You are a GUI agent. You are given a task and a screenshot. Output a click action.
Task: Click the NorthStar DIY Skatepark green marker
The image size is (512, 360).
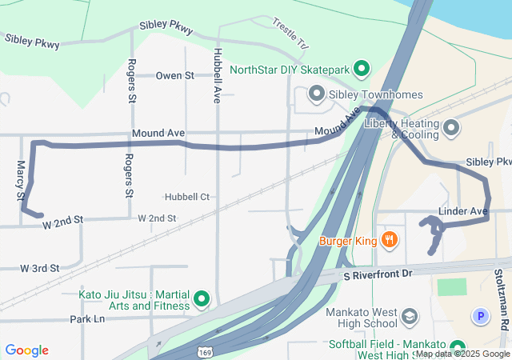click(361, 69)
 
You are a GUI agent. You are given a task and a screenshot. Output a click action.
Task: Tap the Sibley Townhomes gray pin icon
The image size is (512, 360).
click(315, 94)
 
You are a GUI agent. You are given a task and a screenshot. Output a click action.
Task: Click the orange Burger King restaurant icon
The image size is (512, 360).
click(389, 239)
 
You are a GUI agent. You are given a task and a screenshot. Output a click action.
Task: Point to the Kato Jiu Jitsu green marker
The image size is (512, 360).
click(202, 300)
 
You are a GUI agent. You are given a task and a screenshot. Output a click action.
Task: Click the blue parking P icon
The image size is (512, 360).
click(480, 317)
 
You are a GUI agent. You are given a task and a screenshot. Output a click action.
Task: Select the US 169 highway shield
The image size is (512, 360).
click(205, 351)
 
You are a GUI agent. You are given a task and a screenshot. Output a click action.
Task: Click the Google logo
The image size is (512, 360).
click(27, 350)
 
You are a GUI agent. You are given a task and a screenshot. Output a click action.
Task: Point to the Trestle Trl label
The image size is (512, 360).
click(290, 32)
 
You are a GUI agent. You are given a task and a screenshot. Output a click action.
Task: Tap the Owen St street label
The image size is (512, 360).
click(175, 76)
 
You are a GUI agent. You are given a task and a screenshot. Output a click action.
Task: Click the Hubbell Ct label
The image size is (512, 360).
click(187, 197)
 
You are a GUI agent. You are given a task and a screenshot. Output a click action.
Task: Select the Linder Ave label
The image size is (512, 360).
click(463, 211)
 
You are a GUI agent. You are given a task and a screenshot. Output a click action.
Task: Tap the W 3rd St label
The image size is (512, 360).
click(41, 268)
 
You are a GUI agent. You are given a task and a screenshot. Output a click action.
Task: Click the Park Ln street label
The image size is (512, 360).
click(87, 318)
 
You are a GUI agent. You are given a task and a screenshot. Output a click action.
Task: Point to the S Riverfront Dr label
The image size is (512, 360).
click(377, 274)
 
